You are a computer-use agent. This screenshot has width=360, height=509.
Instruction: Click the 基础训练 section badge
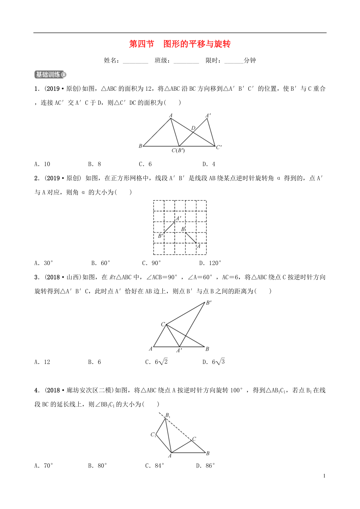coord(50,75)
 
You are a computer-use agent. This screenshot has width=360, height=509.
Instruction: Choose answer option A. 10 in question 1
coord(42,164)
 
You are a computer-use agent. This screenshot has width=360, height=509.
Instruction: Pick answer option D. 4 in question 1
coord(209,164)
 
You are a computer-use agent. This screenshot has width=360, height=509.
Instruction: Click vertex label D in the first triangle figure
coord(193,128)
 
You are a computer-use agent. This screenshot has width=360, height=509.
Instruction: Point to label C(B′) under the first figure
coord(178,150)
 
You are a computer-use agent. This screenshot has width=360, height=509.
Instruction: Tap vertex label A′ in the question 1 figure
coord(208,115)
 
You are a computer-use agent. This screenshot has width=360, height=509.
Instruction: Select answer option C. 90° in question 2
coord(151,263)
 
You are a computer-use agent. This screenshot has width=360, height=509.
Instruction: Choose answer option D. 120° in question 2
coord(210,263)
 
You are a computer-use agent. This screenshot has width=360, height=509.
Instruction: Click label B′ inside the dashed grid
coord(160,236)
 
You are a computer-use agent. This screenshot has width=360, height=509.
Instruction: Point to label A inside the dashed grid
coord(198,246)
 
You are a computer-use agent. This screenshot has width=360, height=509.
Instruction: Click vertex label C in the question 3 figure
coord(163,324)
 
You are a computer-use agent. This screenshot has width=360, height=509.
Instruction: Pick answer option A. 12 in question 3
coord(42,362)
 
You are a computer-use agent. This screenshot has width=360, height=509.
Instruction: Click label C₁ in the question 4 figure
coord(153,434)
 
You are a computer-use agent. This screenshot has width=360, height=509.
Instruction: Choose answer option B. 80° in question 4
coord(97,466)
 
